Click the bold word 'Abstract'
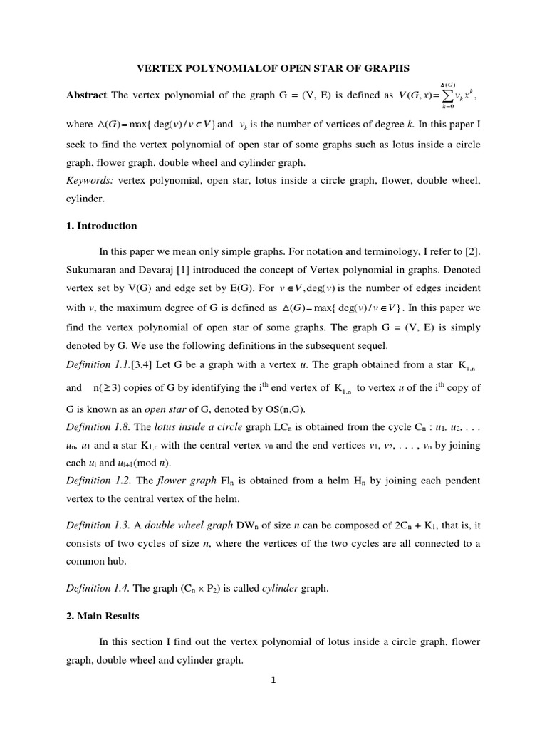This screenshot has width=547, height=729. [x=86, y=95]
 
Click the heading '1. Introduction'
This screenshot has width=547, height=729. [x=101, y=226]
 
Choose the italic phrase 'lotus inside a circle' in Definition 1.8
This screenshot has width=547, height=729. [x=194, y=427]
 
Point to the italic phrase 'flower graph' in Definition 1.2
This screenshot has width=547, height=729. [x=182, y=481]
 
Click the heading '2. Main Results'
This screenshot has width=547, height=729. [x=103, y=615]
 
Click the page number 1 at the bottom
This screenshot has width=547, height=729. [x=273, y=680]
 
